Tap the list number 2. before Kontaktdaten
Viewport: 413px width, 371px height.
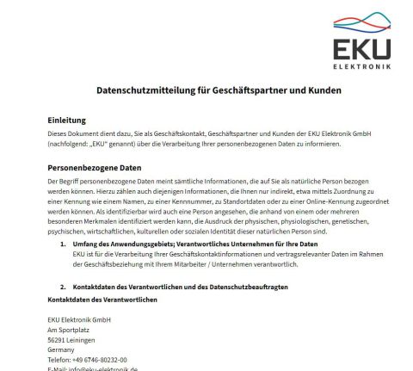[63, 285]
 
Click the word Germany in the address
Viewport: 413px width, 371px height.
[61, 349]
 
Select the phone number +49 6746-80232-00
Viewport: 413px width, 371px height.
[100, 360]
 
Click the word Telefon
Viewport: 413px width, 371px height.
[59, 360]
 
